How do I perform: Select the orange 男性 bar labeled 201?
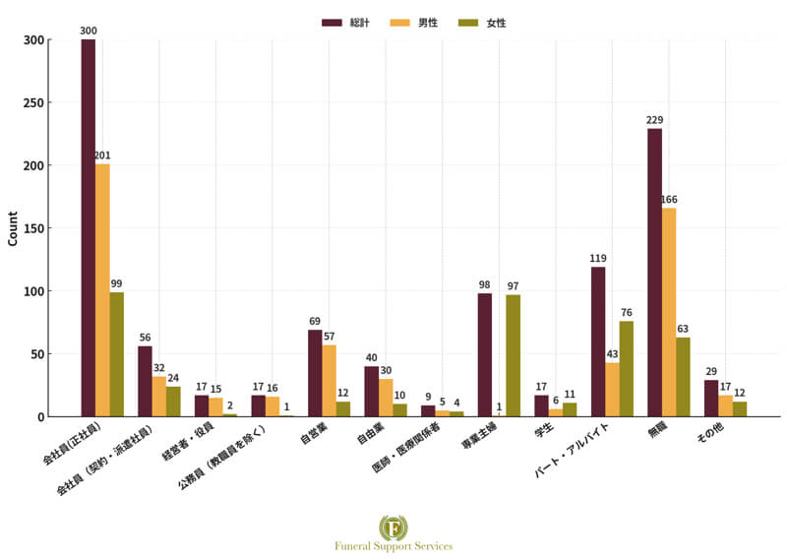[102, 290]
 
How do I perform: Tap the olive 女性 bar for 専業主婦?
[513, 355]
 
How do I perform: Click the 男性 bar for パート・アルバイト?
[612, 390]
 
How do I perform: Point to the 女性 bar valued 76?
[627, 369]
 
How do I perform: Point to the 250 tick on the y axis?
[32, 102]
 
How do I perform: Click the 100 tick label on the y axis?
[32, 291]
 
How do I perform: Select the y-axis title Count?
[13, 228]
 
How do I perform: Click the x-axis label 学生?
[544, 432]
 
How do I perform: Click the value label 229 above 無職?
[654, 121]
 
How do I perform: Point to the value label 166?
[669, 200]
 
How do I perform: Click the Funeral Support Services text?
[393, 546]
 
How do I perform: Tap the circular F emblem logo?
[393, 527]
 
